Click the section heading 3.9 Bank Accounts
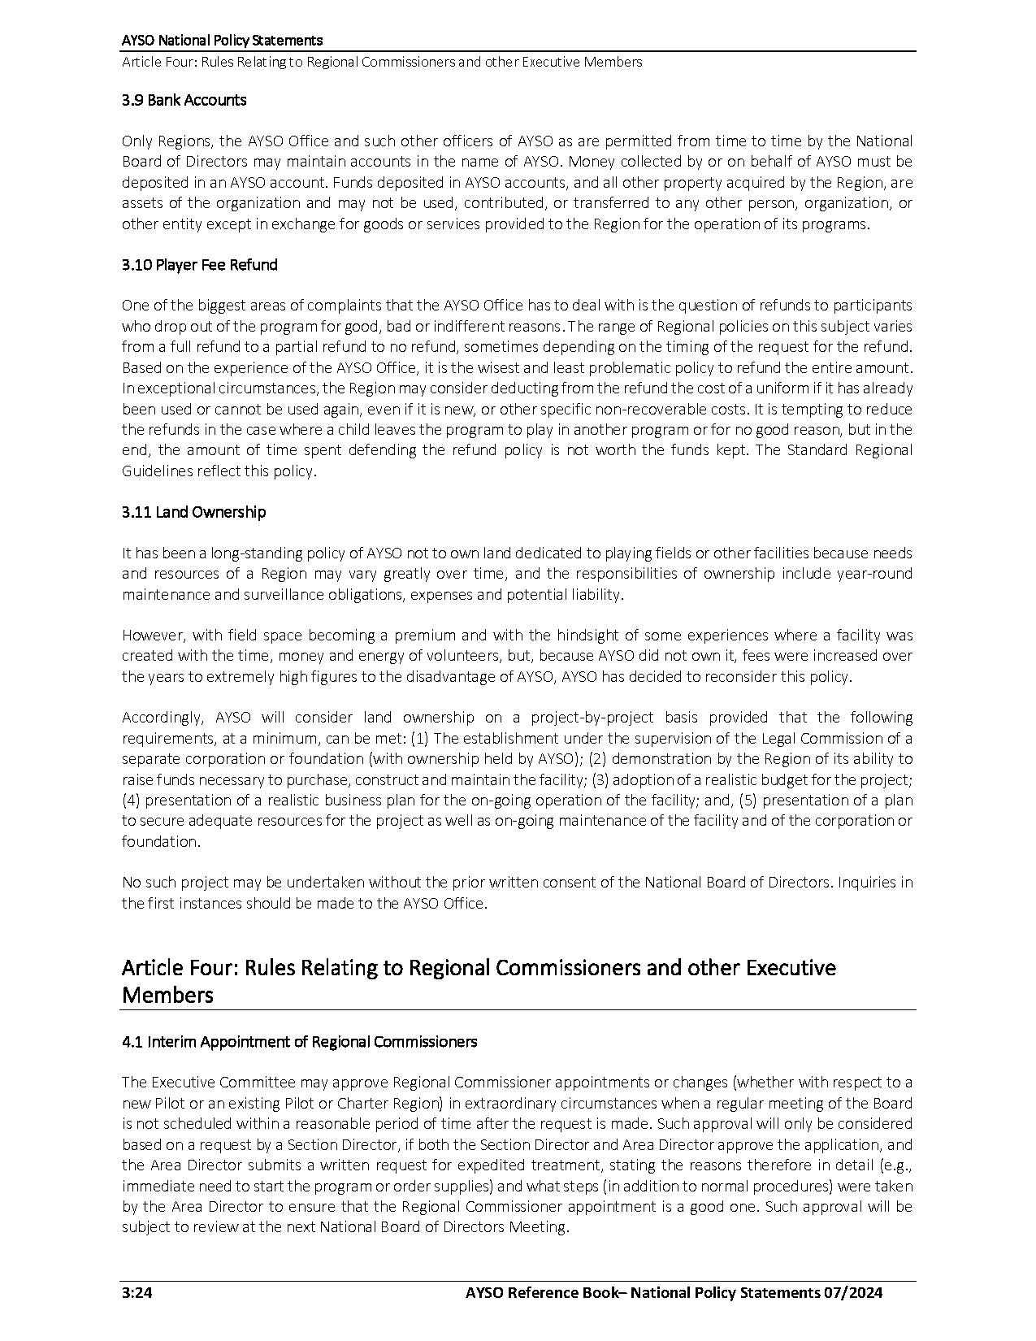coord(184,101)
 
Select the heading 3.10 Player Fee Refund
coord(199,265)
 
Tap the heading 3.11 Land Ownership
coord(193,512)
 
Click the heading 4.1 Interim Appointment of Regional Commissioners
coord(299,1042)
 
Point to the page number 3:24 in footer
coord(137,1293)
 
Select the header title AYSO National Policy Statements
coord(222,40)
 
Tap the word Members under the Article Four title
coord(167,996)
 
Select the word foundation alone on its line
coord(160,842)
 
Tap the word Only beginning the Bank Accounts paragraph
coord(137,141)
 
